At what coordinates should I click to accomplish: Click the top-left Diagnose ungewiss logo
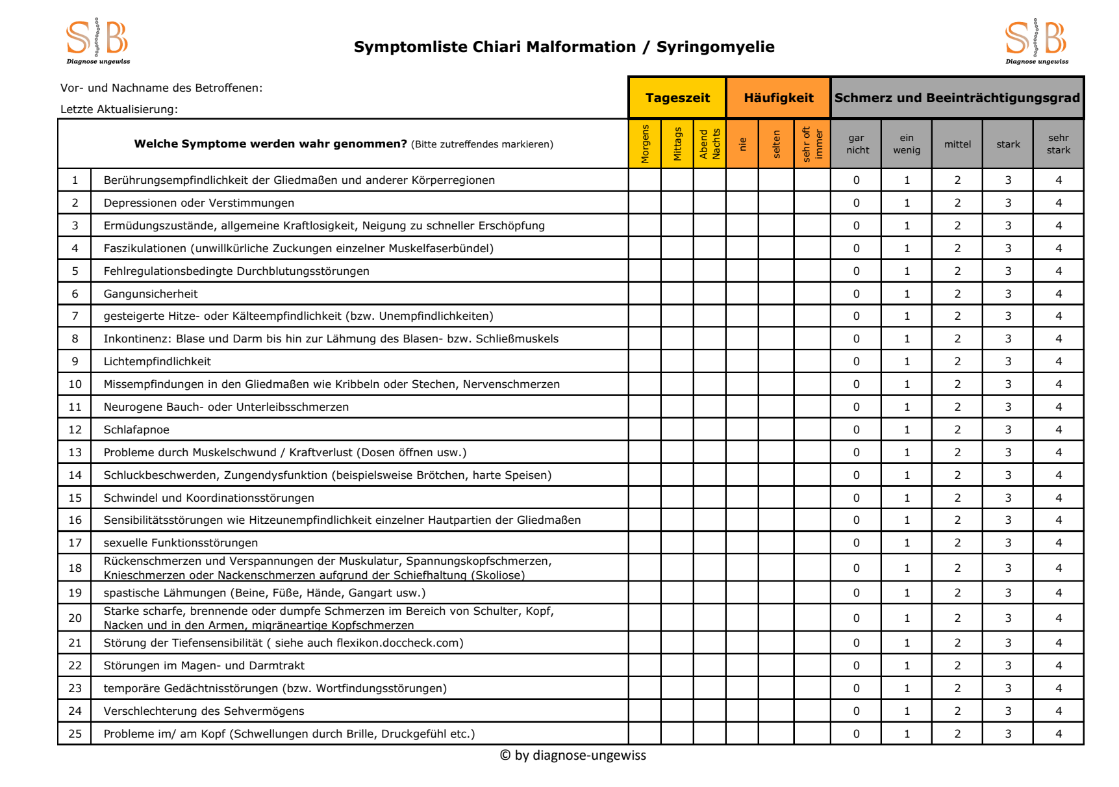pos(97,42)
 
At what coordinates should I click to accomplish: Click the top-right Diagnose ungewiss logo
pos(1037,42)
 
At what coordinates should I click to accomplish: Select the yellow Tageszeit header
pos(677,98)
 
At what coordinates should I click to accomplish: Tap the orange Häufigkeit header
pos(778,98)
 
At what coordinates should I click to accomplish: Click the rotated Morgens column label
pos(645,144)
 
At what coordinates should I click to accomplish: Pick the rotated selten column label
pos(776,144)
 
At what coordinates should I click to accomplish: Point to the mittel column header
pos(957,144)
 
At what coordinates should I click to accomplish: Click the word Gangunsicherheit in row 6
pos(151,294)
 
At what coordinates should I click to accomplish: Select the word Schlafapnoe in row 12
pos(136,430)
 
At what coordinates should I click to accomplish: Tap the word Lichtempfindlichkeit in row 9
pos(157,361)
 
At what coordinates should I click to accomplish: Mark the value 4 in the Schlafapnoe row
pos(1059,430)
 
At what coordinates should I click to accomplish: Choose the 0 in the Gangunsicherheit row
pos(856,294)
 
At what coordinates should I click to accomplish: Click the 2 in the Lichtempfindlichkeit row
pos(957,361)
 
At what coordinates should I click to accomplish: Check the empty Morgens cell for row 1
pos(645,180)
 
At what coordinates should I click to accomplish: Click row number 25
pos(75,734)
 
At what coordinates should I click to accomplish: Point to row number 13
pos(75,452)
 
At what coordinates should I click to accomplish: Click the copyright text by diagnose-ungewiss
pos(573,755)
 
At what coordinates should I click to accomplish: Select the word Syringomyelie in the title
pos(715,47)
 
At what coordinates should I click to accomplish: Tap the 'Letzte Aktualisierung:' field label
pos(119,109)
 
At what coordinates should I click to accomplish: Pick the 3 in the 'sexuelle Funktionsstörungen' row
pos(1008,543)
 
